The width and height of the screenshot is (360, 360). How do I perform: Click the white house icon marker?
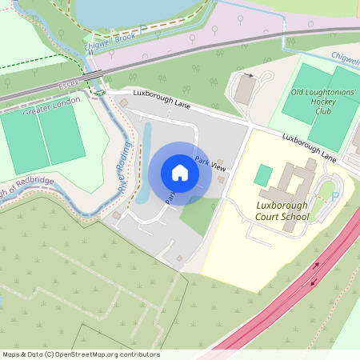tap(179, 173)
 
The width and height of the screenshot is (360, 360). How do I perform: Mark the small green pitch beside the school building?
tap(263, 175)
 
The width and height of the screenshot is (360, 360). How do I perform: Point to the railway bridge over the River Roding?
tap(98, 78)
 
